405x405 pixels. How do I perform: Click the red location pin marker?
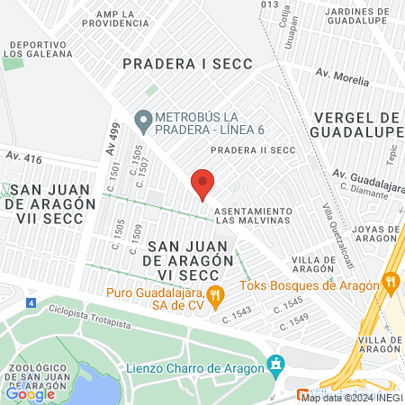[202, 184]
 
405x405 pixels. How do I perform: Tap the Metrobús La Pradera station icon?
[142, 119]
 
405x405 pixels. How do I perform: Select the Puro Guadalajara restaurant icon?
[214, 293]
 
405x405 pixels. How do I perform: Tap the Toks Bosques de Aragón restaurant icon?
[391, 281]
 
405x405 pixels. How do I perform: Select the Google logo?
[30, 393]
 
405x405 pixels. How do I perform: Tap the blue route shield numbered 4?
[31, 302]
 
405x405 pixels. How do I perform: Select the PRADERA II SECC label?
[253, 150]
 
